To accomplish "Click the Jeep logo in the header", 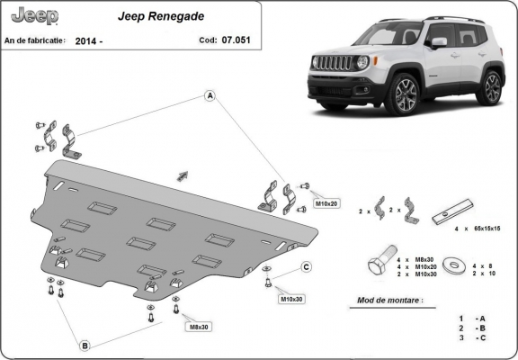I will (33, 16).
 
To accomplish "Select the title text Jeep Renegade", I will (158, 15).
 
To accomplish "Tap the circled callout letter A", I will (210, 96).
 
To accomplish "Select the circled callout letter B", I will (85, 344).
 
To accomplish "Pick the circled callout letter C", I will (306, 266).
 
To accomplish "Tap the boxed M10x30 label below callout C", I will (291, 298).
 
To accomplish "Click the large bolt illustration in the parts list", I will (378, 265).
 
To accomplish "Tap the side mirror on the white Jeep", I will (439, 42).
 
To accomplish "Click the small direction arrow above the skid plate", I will (183, 175).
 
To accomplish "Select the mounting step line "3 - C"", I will (472, 339).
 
